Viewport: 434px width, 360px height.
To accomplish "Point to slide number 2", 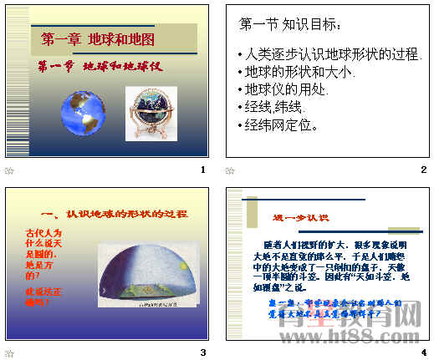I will coord(423,170).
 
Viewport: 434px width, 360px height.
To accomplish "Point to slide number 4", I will coord(423,352).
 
